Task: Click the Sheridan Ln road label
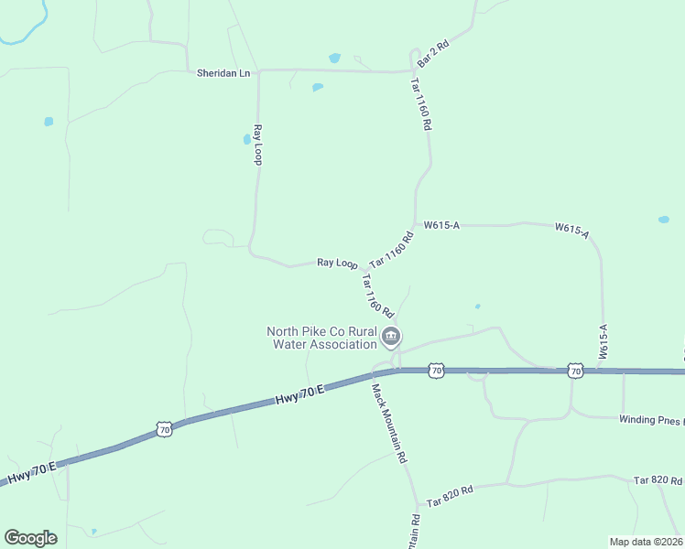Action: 223,72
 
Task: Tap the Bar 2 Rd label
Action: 432,52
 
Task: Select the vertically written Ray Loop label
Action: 258,145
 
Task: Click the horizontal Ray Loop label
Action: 337,263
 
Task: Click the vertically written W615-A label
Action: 604,339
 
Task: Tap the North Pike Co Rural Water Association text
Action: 321,338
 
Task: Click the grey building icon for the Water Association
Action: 391,338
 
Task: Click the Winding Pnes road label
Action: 650,420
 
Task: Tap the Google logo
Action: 30,538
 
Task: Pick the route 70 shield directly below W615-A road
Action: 574,370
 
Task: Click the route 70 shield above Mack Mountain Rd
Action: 436,370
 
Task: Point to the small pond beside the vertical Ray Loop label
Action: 246,140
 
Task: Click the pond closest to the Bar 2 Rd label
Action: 335,58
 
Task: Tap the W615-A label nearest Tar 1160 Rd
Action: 440,224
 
